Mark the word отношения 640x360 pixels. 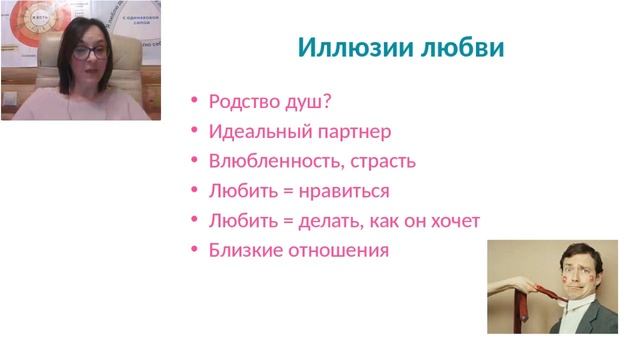coord(337,250)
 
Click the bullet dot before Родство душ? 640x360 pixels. coord(194,102)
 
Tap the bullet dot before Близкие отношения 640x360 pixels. coord(194,251)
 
